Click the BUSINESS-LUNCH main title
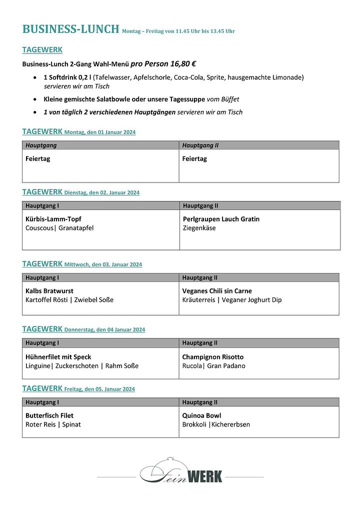click(70, 29)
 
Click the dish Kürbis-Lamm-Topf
click(53, 219)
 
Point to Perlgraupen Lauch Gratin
click(221, 219)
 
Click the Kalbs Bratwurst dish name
click(49, 291)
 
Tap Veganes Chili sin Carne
click(217, 291)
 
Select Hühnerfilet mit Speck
click(58, 357)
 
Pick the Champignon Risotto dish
click(213, 357)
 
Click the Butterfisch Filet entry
click(49, 415)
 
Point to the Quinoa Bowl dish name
click(201, 415)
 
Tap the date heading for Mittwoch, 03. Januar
click(103, 264)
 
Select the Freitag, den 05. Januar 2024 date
click(99, 389)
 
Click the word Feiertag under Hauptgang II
click(194, 159)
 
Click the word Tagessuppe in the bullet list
click(185, 99)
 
